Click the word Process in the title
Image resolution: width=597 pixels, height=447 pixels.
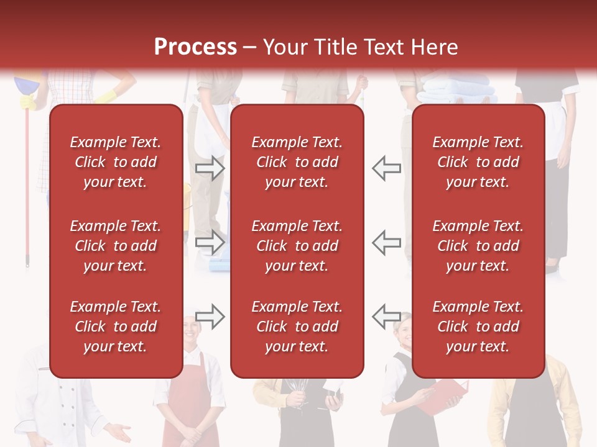click(x=195, y=47)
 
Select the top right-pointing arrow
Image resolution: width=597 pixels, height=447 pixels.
click(x=210, y=168)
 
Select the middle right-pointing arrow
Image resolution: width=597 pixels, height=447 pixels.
click(x=210, y=242)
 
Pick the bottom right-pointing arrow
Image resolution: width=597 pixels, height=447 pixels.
click(x=210, y=316)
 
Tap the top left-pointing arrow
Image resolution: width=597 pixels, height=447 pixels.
click(x=387, y=168)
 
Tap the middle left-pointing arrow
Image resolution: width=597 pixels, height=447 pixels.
click(x=387, y=242)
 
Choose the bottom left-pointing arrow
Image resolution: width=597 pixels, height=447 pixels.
click(x=387, y=316)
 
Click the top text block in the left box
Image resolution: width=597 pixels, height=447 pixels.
click(x=116, y=162)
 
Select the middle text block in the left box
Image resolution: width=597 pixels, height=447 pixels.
click(x=116, y=246)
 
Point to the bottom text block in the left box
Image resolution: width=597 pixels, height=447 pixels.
click(x=116, y=327)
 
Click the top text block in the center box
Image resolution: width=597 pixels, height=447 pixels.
click(x=297, y=162)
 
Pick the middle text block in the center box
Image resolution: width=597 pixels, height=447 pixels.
click(x=297, y=246)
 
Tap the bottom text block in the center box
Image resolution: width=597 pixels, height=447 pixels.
click(x=297, y=327)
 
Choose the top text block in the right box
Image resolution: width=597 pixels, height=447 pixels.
click(x=478, y=162)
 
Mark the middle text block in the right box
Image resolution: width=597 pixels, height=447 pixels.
click(x=478, y=246)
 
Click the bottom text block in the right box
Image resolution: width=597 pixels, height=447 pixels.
click(x=478, y=327)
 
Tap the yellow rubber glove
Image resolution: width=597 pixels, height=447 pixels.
click(x=106, y=96)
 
